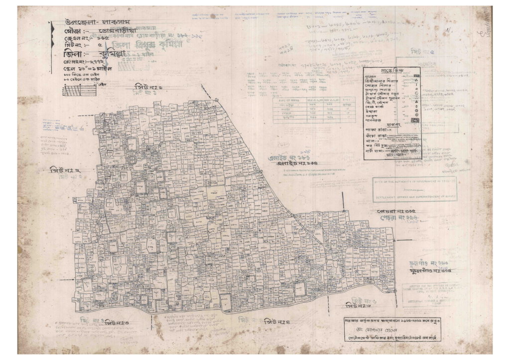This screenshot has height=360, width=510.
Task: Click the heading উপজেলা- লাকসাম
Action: (95, 22)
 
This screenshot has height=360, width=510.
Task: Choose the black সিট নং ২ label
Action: (65, 170)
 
